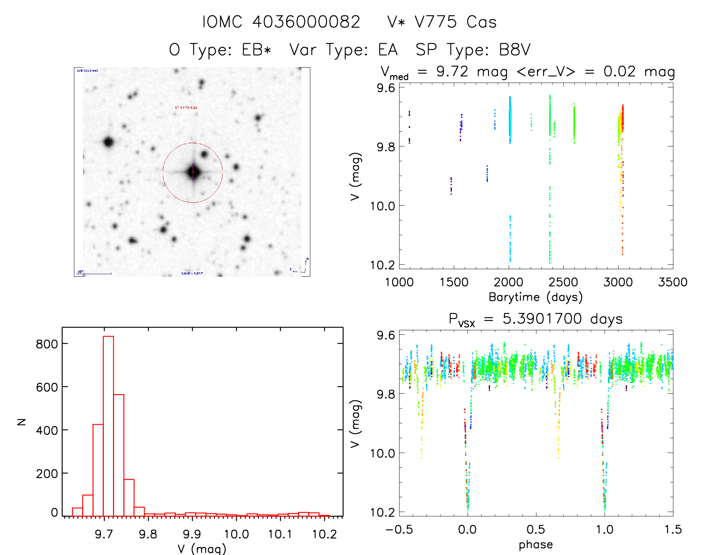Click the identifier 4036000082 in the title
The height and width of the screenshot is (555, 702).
[x=306, y=22]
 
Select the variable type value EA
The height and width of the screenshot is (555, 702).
[x=388, y=50]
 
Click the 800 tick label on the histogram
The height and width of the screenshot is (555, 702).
[x=47, y=344]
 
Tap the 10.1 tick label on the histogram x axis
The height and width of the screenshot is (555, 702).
[x=280, y=534]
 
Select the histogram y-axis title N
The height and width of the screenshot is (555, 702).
[x=22, y=422]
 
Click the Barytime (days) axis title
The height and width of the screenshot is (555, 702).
[x=536, y=297]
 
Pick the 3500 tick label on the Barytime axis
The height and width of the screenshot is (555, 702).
[x=673, y=282]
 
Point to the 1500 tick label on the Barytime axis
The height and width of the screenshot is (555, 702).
[x=454, y=282]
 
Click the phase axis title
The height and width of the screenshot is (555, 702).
[x=536, y=545]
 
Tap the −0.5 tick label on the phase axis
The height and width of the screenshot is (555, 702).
[x=399, y=530]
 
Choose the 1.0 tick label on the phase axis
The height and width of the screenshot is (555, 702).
[x=605, y=530]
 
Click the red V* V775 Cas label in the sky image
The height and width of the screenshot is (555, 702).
[x=186, y=107]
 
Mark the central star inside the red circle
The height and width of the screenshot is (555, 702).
[x=193, y=172]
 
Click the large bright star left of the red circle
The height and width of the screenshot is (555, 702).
[x=109, y=142]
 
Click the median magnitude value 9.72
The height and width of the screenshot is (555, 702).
[x=452, y=71]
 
